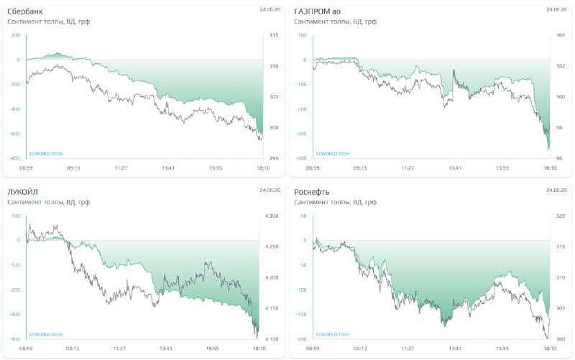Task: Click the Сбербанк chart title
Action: [25, 11]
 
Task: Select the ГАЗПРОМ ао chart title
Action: [318, 11]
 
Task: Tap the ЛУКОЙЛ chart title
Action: [23, 192]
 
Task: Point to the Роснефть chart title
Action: [312, 192]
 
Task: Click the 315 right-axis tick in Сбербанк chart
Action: [274, 35]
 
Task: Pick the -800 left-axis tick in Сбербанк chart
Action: [15, 158]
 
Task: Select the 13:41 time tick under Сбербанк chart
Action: [168, 168]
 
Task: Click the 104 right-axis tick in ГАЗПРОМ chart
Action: [561, 35]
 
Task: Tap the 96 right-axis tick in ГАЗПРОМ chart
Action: [559, 158]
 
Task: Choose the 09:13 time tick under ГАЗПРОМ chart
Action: [360, 168]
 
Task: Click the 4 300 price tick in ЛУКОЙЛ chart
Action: [272, 216]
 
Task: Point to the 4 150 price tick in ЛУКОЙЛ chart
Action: [272, 308]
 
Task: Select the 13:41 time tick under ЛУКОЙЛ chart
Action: [166, 349]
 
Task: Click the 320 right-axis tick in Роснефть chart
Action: [561, 216]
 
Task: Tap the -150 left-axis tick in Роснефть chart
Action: [301, 315]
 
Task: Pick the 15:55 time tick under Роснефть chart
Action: [502, 349]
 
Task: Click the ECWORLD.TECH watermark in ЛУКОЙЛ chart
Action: [46, 334]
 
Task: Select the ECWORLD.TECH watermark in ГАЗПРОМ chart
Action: [333, 154]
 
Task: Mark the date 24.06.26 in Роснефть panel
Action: [556, 190]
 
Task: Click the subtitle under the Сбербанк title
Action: [48, 22]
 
